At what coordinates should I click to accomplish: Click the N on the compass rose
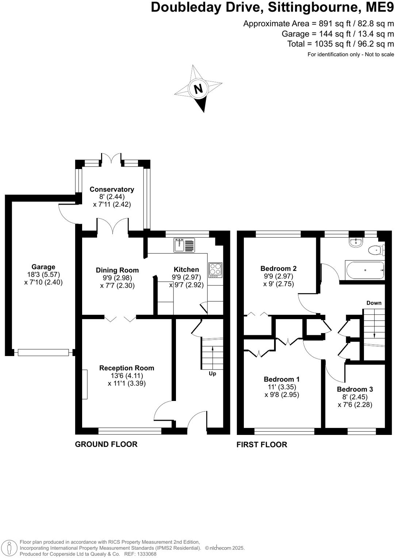198,89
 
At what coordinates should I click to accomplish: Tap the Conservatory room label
112,189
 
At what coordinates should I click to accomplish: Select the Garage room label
43,267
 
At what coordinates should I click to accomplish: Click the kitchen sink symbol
184,245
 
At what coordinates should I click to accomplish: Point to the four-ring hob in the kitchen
215,270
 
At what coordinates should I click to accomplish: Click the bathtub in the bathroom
364,270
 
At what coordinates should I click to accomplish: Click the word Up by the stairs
212,374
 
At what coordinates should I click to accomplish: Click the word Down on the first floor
374,303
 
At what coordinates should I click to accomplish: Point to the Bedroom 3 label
355,389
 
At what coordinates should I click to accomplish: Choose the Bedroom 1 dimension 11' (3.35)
281,387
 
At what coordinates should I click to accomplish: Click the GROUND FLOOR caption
106,444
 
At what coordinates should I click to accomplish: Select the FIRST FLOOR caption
262,444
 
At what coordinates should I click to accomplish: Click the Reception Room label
127,368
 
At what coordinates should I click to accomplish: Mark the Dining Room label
117,270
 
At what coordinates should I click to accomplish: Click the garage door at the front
43,352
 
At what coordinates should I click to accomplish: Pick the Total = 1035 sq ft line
341,44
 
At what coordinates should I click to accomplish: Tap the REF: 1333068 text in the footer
141,554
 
